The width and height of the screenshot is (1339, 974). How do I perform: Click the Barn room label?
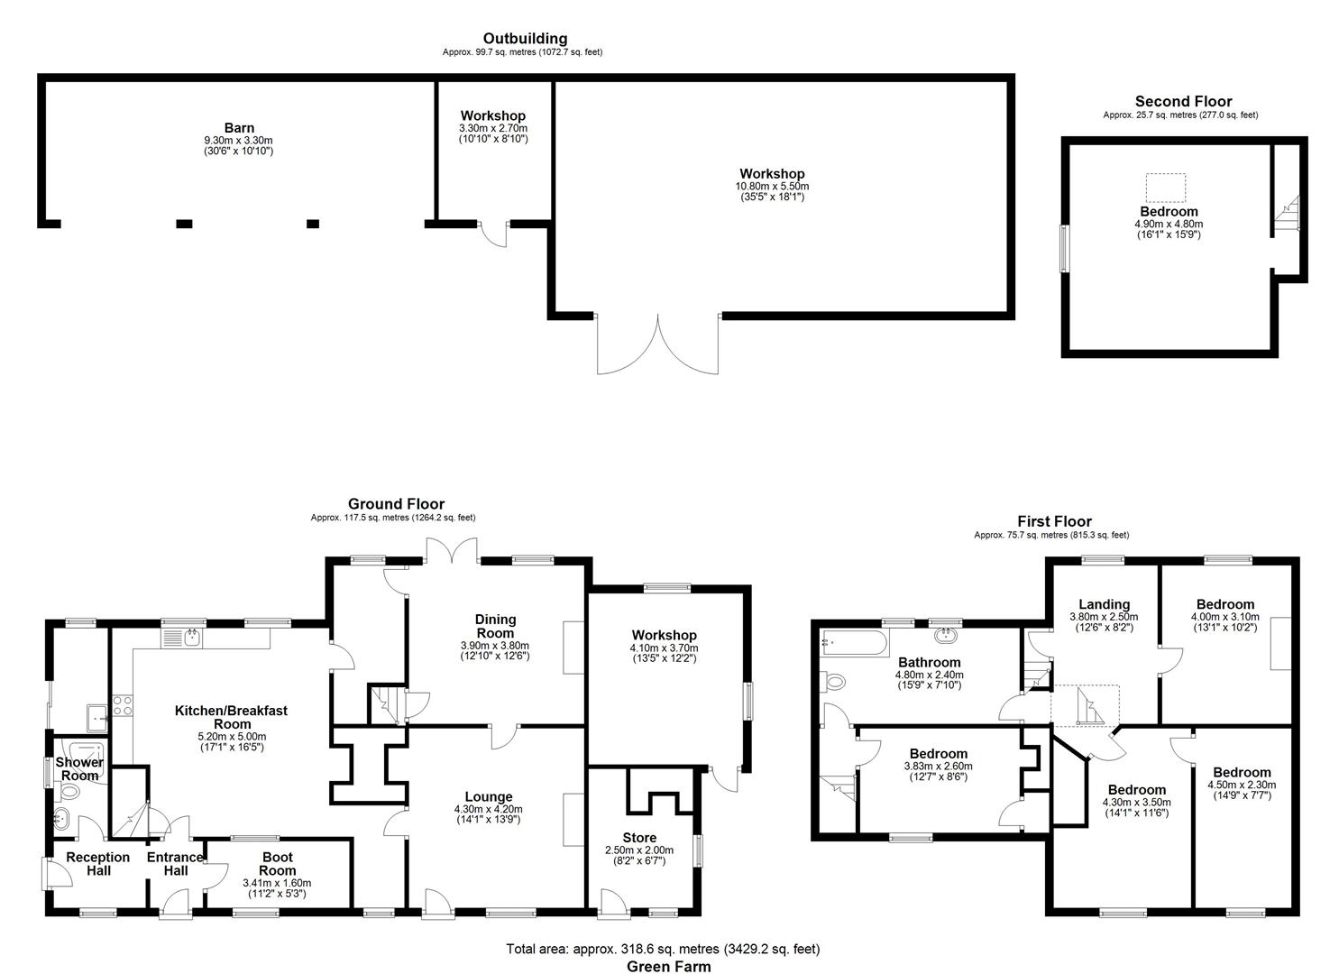click(239, 128)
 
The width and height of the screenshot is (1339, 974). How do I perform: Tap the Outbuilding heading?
click(525, 38)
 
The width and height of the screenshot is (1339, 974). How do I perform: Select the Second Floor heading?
click(1182, 101)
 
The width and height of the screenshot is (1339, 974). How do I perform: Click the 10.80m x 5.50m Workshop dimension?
click(771, 186)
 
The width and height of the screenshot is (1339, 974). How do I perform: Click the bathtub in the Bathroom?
click(853, 643)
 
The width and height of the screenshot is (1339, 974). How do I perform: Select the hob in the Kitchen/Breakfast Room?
click(122, 704)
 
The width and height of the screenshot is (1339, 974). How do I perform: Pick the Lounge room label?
click(489, 796)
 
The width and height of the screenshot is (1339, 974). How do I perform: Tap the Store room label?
click(639, 838)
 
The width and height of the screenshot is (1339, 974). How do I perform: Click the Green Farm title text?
click(668, 966)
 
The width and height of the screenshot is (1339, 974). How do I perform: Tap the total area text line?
click(663, 949)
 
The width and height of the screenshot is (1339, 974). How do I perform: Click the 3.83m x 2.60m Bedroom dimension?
click(938, 766)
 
